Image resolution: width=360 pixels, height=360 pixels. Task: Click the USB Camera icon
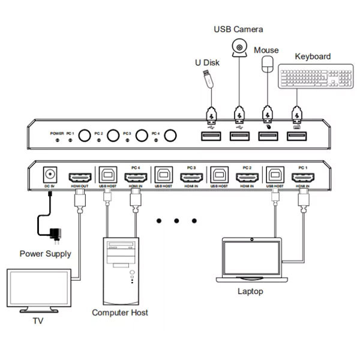(239, 47)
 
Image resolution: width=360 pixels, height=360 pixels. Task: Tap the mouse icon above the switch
(267, 65)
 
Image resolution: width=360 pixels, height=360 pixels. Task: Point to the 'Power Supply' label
(45, 253)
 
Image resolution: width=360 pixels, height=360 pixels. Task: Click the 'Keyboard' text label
(313, 56)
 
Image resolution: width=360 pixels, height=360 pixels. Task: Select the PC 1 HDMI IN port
(302, 178)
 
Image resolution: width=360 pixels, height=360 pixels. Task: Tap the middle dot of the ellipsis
(177, 221)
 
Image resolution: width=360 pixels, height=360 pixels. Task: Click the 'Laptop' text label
(250, 291)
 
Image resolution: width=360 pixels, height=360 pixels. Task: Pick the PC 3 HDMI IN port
(191, 178)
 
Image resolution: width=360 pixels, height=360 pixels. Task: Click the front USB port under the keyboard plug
(295, 136)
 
